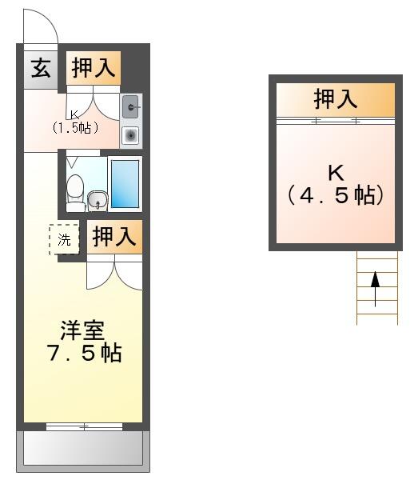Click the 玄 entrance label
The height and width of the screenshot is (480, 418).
coord(41,68)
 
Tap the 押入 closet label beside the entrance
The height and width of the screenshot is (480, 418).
coord(94,68)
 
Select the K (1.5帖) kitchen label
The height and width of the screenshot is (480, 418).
coord(75,123)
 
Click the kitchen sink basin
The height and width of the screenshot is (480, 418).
coord(130,106)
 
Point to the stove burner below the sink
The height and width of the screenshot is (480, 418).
coord(131,135)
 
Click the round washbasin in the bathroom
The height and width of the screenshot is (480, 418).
coord(98,201)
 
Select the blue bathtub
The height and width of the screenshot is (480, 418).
coord(125,184)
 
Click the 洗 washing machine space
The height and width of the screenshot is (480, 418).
coord(64,239)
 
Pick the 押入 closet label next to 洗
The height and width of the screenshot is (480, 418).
coord(114,236)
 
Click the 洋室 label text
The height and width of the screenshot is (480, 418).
coord(83,330)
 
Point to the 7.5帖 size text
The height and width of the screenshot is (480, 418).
coord(85,354)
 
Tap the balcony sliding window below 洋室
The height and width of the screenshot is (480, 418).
coord(84,426)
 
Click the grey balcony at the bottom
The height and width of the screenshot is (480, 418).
coord(83,451)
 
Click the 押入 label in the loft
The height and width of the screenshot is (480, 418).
coord(336,99)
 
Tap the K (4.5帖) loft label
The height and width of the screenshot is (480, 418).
coord(336,185)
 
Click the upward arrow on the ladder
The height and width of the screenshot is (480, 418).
coord(375,289)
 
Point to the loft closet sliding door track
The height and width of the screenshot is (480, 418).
coord(336,121)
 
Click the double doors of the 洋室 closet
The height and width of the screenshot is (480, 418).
coord(114,272)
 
